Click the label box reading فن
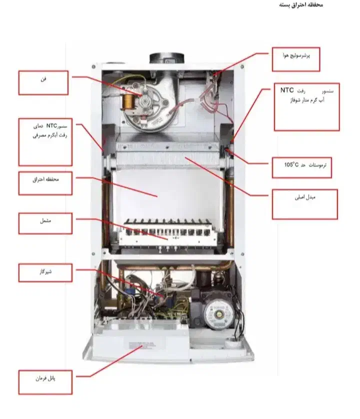coord(43,83)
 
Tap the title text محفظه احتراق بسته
coord(300,5)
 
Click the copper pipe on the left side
coord(106,205)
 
